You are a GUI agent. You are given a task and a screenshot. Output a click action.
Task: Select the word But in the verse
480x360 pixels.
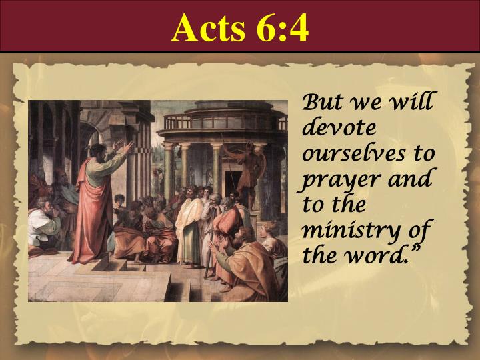(x=321, y=104)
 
